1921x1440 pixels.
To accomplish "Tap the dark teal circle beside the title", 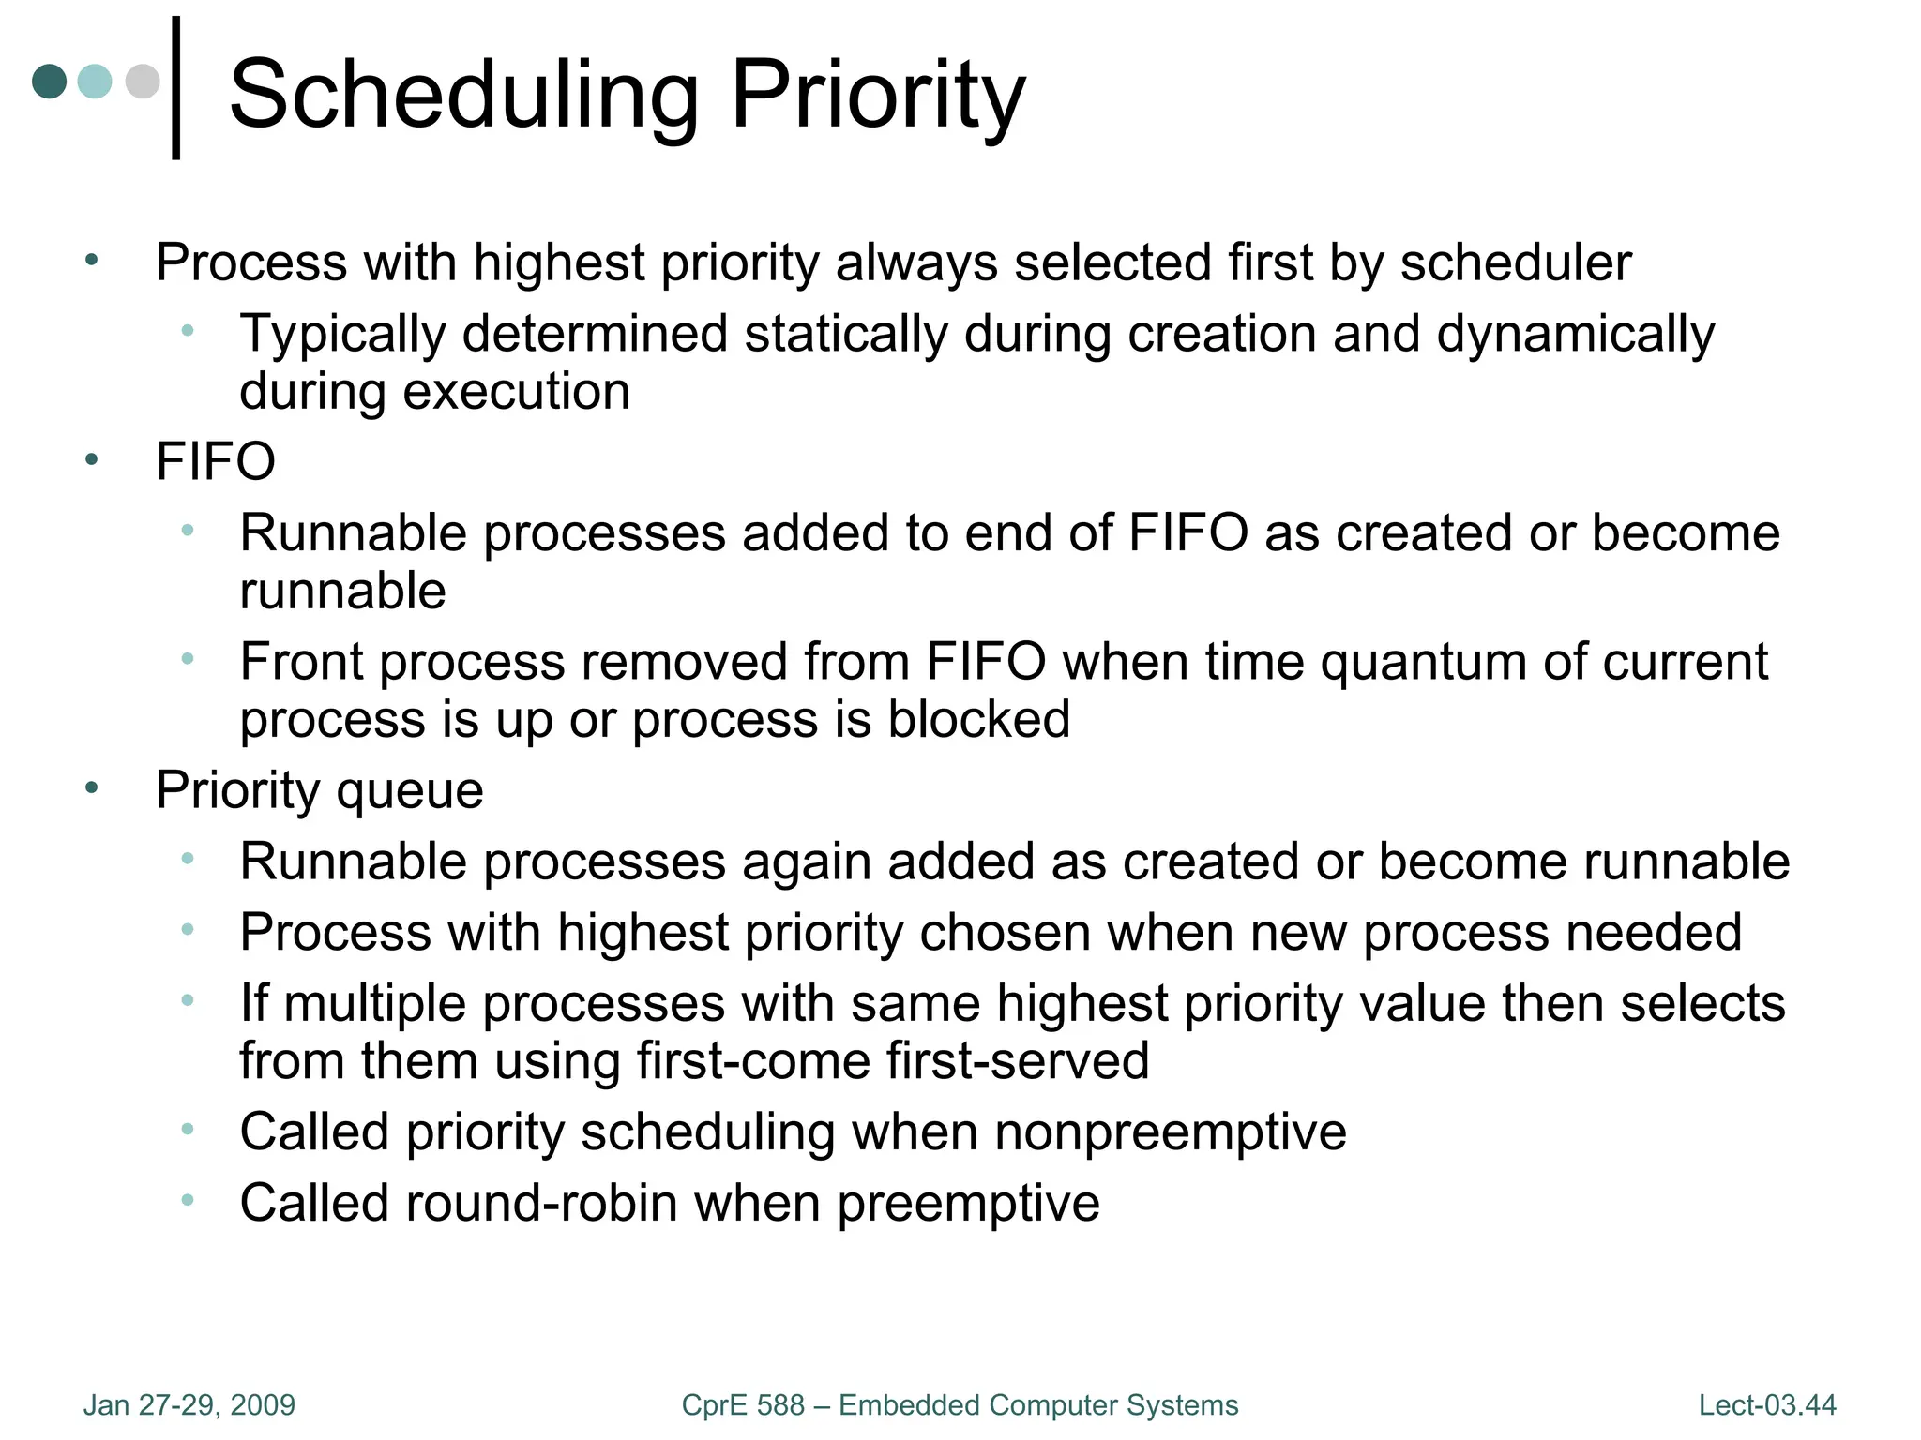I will point(50,81).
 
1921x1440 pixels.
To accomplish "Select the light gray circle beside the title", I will point(143,81).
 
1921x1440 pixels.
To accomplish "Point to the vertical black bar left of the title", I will point(175,88).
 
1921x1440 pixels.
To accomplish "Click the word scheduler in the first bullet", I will point(1516,262).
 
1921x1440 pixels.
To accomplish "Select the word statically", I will point(846,334).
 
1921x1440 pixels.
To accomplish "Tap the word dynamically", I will point(1575,334).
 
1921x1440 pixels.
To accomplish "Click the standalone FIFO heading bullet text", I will point(216,461).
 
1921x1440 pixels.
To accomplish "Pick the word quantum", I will point(1424,662).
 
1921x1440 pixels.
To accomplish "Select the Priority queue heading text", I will point(319,790).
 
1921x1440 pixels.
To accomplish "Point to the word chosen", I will point(1005,933).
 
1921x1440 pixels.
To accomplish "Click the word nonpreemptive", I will point(1170,1132).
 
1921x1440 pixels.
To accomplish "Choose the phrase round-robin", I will point(541,1203).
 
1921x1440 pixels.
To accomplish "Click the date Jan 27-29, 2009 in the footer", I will point(189,1405).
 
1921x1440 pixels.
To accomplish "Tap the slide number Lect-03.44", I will point(1767,1405).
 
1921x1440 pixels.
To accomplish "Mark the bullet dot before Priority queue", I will point(91,788).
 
